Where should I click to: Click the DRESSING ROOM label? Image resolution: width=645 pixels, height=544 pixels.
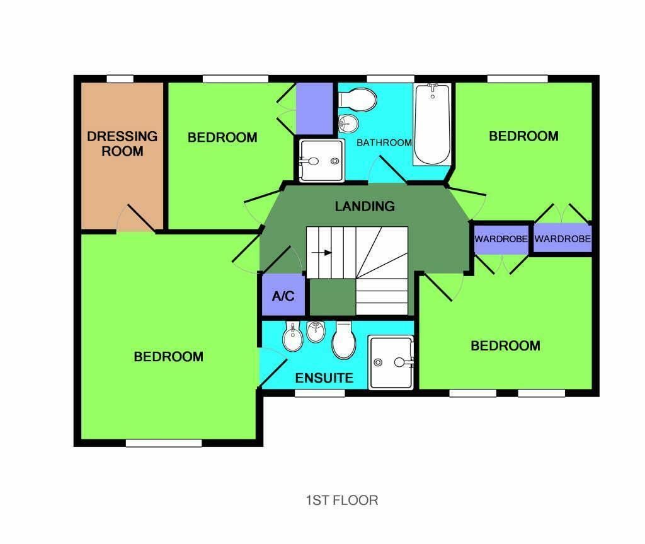pyautogui.click(x=122, y=143)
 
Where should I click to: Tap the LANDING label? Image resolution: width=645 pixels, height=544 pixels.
pyautogui.click(x=365, y=206)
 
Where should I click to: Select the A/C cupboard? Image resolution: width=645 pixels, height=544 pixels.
pyautogui.click(x=283, y=295)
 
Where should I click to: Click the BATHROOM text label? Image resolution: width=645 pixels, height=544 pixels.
pyautogui.click(x=384, y=142)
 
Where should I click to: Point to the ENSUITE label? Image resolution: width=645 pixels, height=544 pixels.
pyautogui.click(x=324, y=378)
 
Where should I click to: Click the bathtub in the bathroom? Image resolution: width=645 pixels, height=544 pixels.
pyautogui.click(x=432, y=124)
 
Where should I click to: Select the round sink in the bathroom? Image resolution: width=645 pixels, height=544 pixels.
pyautogui.click(x=348, y=123)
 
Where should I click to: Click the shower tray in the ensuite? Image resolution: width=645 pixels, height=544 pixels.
pyautogui.click(x=391, y=362)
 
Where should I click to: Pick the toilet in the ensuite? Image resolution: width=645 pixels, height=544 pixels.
pyautogui.click(x=343, y=340)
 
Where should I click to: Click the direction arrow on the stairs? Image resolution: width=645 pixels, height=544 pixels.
pyautogui.click(x=321, y=252)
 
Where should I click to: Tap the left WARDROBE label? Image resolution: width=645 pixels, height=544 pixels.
pyautogui.click(x=501, y=239)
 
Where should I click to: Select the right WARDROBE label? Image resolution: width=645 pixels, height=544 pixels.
pyautogui.click(x=562, y=238)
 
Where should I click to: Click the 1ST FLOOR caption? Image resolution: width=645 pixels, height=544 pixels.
pyautogui.click(x=342, y=501)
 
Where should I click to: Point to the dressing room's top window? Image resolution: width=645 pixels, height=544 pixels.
pyautogui.click(x=120, y=79)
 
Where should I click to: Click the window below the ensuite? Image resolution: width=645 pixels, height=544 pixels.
pyautogui.click(x=319, y=393)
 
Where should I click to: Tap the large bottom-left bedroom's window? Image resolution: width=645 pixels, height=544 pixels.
pyautogui.click(x=164, y=443)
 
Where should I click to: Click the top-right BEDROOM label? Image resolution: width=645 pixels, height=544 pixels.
pyautogui.click(x=523, y=136)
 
